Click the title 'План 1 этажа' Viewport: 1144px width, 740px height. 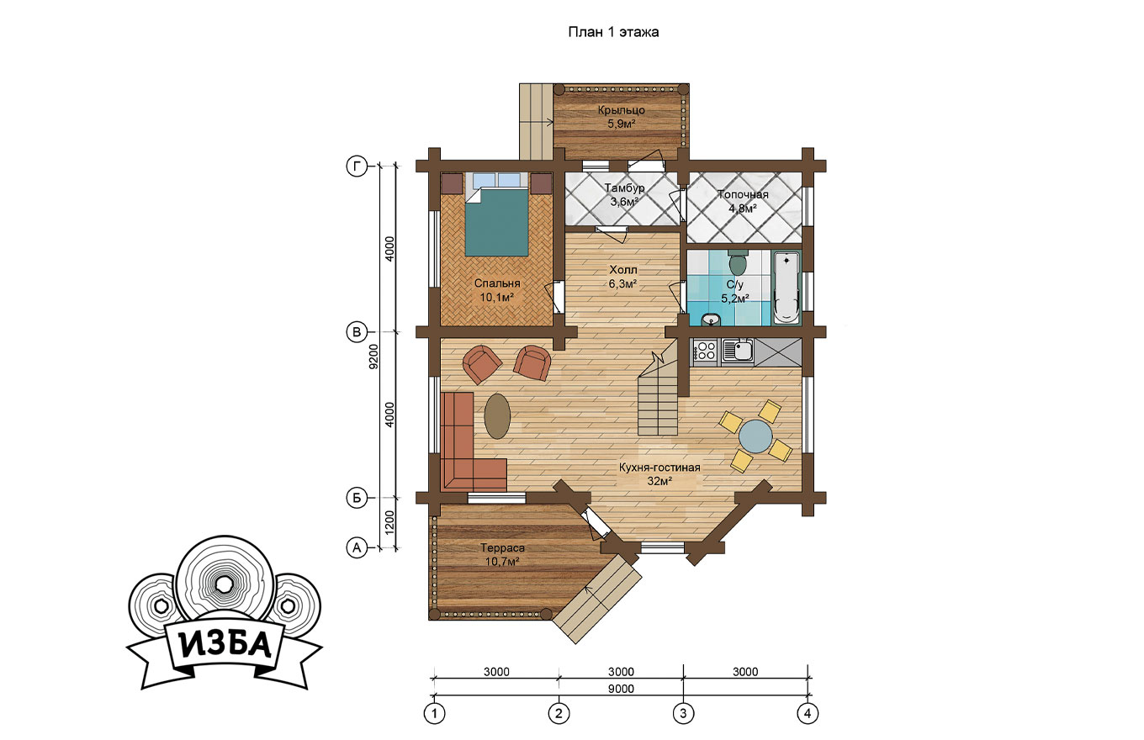613,32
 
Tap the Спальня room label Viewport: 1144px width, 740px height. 497,283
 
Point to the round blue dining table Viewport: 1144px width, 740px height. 755,436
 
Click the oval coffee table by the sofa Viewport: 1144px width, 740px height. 497,415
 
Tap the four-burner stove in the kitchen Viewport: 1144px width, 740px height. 706,351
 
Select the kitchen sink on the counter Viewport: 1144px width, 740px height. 738,351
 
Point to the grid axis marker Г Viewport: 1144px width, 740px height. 357,166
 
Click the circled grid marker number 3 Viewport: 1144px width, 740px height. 683,713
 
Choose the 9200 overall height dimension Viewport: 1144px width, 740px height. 373,357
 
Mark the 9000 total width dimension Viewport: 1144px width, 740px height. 621,689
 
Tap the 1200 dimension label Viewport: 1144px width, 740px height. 389,522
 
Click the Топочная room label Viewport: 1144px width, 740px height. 743,194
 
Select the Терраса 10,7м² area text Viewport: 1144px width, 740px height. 502,555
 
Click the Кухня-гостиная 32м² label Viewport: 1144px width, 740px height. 659,474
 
